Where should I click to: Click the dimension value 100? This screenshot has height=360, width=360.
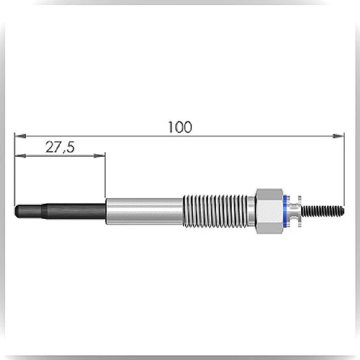[180, 127]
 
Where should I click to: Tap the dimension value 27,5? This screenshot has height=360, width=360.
[60, 147]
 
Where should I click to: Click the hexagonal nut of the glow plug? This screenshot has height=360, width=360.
[269, 211]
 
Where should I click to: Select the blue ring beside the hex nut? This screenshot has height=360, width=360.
[285, 211]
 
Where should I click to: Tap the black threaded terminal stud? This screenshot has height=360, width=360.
[322, 211]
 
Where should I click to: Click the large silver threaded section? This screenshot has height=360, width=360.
[215, 211]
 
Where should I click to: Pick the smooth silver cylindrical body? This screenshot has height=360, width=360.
[144, 211]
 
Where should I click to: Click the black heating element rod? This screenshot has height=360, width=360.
[60, 211]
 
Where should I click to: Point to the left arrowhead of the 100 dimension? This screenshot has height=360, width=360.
[20, 136]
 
